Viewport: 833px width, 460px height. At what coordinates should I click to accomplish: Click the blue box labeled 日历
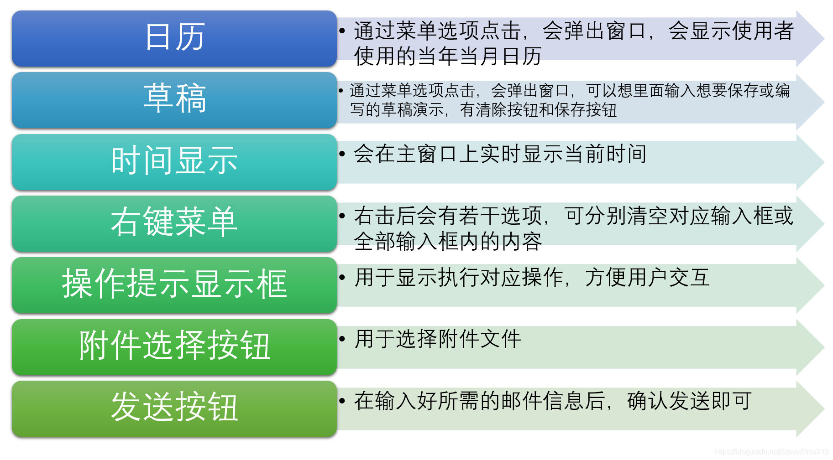(x=174, y=39)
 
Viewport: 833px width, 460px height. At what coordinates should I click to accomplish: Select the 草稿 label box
(x=174, y=100)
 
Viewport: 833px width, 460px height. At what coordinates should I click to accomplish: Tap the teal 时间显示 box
(x=174, y=162)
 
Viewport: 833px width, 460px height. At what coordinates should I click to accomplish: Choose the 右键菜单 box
(x=174, y=224)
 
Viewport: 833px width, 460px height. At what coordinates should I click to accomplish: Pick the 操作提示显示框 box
(x=174, y=285)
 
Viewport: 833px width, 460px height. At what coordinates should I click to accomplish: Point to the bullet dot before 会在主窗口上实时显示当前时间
(x=342, y=154)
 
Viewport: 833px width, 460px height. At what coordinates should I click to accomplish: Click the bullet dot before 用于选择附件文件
(x=342, y=339)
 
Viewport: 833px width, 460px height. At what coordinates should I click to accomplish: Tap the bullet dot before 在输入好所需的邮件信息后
(x=342, y=401)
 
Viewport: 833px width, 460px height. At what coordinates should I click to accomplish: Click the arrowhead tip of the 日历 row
(x=824, y=39)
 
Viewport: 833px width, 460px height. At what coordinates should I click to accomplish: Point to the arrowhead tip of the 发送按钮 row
(x=824, y=409)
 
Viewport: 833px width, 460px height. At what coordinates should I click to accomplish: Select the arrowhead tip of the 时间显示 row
(x=824, y=162)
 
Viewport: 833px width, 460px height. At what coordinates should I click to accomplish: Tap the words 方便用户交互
(x=647, y=277)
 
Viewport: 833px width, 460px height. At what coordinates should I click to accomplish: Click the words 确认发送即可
(x=689, y=401)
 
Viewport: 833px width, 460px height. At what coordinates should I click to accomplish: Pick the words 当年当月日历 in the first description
(x=479, y=56)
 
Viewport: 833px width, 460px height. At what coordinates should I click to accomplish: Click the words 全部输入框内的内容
(x=448, y=241)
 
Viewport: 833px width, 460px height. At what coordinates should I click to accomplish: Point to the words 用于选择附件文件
(x=438, y=339)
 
